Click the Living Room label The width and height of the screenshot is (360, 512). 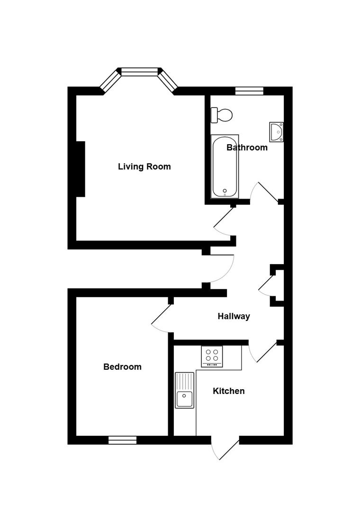pos(144,166)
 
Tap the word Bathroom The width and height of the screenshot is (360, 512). pos(247,147)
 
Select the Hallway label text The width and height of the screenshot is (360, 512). pos(234,316)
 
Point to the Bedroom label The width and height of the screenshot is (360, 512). pos(122,366)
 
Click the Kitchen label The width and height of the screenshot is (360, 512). pos(228,391)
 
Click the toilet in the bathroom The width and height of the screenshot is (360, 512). pos(222,115)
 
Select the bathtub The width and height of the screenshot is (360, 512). pos(225,166)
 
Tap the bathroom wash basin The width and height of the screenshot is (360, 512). pos(277,132)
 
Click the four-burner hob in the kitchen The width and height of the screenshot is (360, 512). pos(212,357)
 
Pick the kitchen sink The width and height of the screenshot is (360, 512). pos(184,390)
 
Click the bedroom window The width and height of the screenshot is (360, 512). pos(122,440)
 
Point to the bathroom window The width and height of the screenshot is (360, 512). pos(249,91)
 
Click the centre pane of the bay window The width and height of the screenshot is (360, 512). pos(139,72)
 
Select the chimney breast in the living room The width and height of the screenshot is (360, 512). pos(80,169)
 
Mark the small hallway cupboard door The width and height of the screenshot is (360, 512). pos(266,284)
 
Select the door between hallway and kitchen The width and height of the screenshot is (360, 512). pos(266,352)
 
